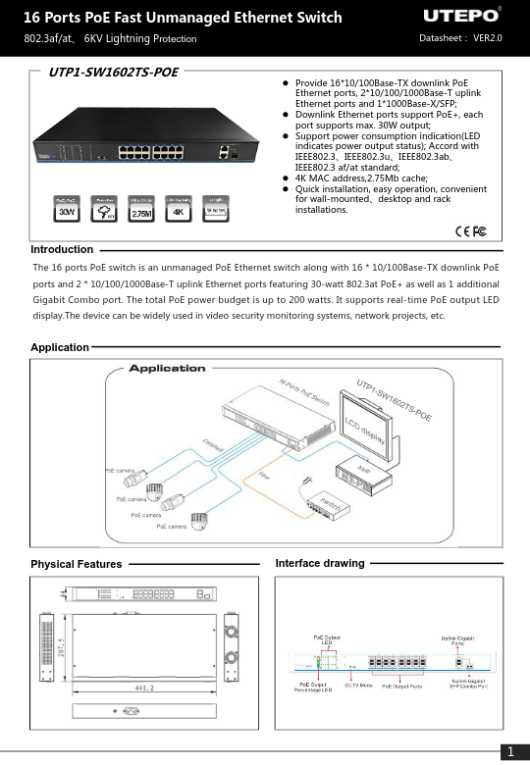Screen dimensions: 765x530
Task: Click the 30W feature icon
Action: click(67, 210)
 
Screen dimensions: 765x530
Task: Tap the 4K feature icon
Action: click(178, 210)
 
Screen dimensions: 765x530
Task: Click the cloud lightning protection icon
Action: click(104, 210)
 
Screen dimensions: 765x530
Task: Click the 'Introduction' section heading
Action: click(62, 250)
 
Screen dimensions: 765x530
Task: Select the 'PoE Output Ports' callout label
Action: click(401, 686)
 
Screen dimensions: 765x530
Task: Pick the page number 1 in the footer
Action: click(510, 752)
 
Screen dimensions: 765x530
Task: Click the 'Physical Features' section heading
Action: click(77, 564)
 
